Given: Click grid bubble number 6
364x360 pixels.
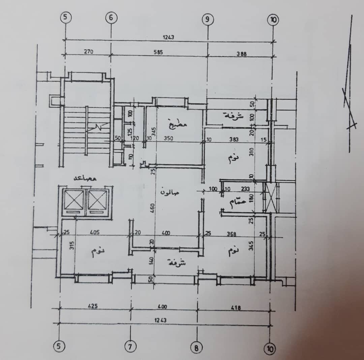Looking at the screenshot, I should click(111, 18).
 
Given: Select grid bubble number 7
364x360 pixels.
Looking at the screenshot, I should click(130, 347).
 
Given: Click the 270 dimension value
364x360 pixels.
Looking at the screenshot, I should click(88, 52).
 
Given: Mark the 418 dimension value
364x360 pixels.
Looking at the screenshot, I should click(236, 307).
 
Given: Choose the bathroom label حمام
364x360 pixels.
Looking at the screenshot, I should click(237, 202).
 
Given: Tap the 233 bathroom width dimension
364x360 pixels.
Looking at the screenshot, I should click(246, 189).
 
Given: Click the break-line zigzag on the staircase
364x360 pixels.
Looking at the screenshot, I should click(98, 127).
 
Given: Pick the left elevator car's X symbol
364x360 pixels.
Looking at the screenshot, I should click(73, 200).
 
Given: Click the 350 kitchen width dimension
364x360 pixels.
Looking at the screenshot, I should click(168, 138).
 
